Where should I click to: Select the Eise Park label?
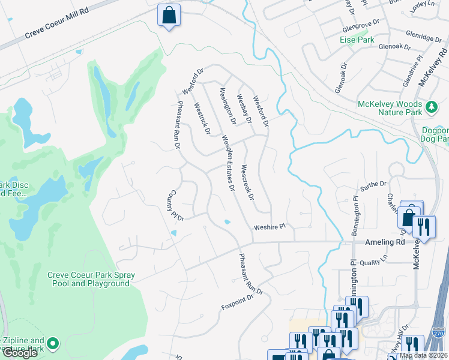click(x=357, y=40)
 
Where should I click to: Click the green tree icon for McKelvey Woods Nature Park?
click(x=431, y=107)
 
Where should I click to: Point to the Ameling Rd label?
click(x=385, y=242)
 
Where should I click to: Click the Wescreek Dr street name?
click(x=247, y=182)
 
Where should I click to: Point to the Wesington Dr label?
click(x=227, y=106)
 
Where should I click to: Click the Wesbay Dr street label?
click(x=243, y=108)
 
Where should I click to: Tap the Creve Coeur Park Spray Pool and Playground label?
click(x=91, y=279)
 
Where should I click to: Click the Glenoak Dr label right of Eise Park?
click(x=394, y=46)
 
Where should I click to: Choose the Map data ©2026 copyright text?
click(x=423, y=355)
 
